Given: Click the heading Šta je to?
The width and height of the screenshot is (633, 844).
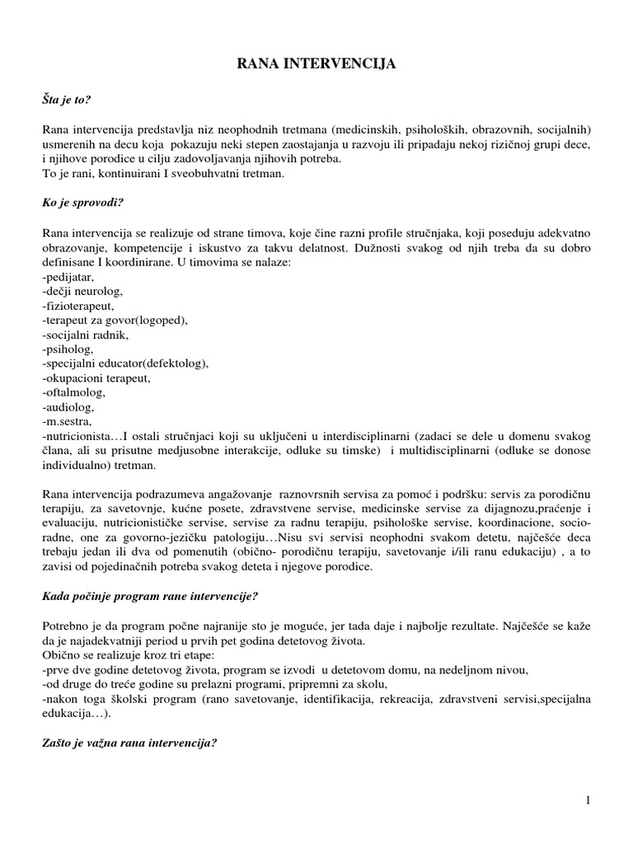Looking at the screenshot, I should click(67, 100).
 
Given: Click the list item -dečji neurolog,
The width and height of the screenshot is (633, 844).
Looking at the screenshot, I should click(81, 293).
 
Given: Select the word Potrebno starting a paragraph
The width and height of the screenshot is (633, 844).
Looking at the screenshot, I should click(66, 626).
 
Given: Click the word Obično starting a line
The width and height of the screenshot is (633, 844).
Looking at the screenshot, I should click(61, 655).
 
